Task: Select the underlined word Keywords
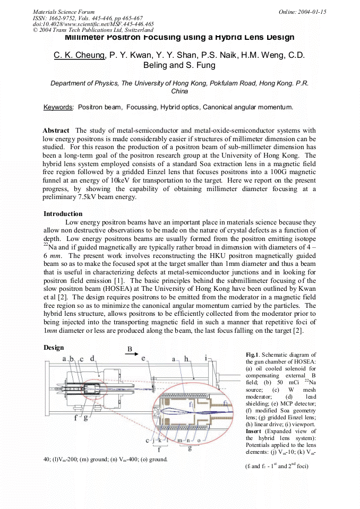tap(58, 107)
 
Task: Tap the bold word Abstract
tap(56, 131)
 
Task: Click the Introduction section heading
tap(63, 213)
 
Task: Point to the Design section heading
tap(53, 348)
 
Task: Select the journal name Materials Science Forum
tap(64, 12)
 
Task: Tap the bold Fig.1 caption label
tap(252, 355)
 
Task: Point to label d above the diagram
tap(93, 359)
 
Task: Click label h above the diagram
tap(186, 359)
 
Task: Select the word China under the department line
tap(179, 91)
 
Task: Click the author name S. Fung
tap(201, 65)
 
